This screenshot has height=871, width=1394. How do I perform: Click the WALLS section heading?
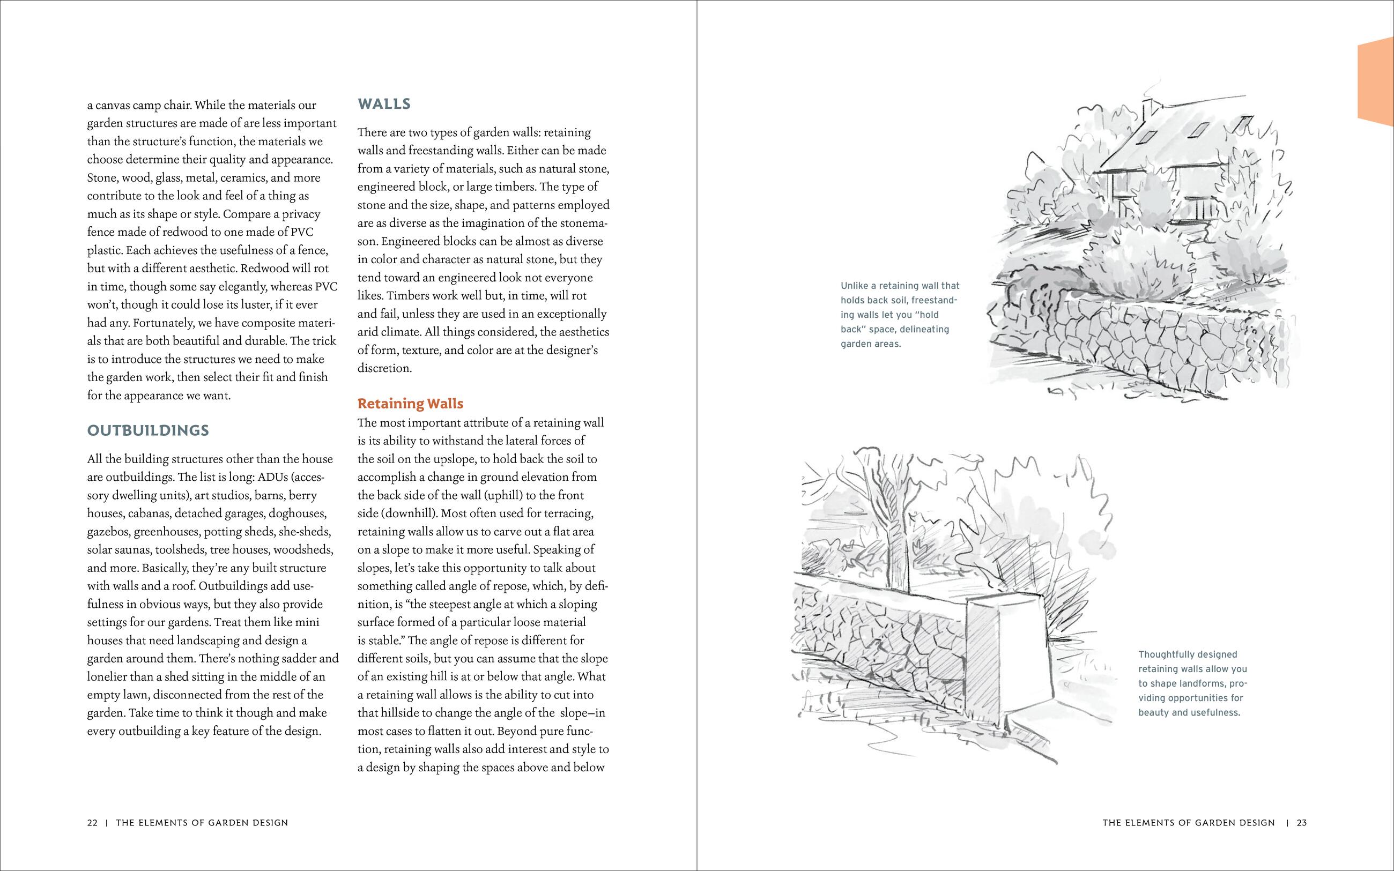(384, 105)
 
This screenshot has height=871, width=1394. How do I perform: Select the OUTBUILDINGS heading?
(148, 430)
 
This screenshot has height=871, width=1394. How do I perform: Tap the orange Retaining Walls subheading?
(410, 403)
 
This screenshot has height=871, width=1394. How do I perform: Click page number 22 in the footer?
(92, 823)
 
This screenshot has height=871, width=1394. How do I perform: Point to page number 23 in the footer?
(1302, 823)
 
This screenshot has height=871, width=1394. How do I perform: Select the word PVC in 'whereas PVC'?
(326, 286)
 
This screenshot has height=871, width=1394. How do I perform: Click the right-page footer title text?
(1188, 823)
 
